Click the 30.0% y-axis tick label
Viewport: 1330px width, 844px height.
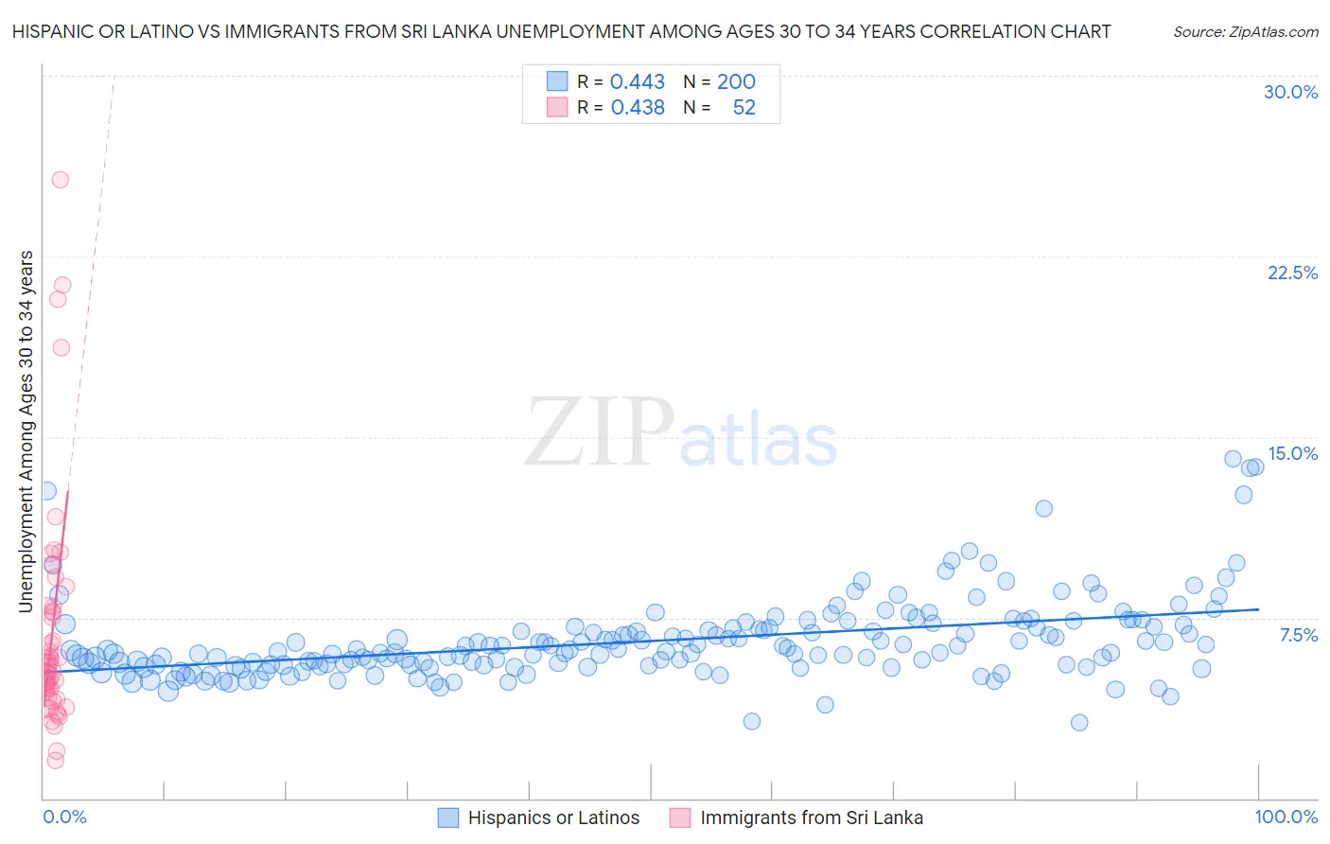point(1290,92)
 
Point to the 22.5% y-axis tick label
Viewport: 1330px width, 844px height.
point(1292,273)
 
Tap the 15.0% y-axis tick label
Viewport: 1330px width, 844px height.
point(1292,453)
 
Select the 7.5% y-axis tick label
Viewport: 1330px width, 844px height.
point(1298,635)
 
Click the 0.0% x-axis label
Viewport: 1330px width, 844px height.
point(64,817)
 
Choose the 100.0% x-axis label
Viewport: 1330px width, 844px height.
point(1286,817)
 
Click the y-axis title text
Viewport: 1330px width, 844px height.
point(26,431)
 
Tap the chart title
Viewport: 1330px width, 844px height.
point(561,31)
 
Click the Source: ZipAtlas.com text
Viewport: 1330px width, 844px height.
point(1245,31)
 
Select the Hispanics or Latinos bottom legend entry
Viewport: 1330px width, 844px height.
point(553,818)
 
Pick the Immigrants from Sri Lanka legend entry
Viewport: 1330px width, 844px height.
point(811,818)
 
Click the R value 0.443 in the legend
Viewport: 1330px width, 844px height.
point(638,81)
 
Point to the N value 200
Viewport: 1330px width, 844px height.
point(736,81)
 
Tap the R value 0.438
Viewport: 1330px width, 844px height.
point(638,107)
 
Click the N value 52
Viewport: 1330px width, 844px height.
point(744,107)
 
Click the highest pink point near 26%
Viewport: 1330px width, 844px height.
point(60,180)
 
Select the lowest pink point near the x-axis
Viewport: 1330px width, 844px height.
point(55,760)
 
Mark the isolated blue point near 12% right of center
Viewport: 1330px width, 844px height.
point(1043,508)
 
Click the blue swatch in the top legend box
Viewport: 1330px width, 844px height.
point(557,81)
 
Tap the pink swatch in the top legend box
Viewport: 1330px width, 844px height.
point(557,107)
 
